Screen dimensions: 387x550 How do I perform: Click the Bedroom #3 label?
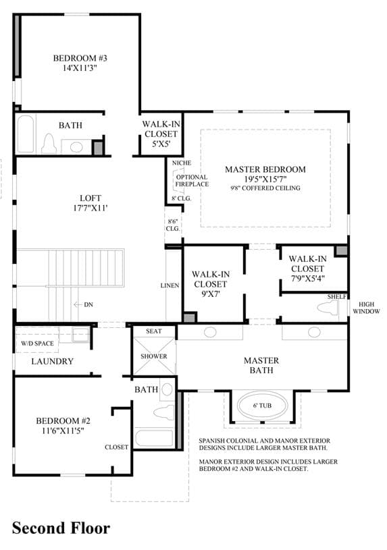coord(80,58)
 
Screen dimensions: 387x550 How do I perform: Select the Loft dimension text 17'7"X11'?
coord(91,208)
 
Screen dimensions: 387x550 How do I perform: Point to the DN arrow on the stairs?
coord(78,304)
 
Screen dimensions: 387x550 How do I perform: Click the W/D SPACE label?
coord(37,343)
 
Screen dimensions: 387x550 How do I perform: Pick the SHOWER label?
coord(154,356)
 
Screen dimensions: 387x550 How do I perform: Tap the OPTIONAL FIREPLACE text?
coord(192,181)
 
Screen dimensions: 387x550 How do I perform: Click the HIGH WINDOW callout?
coord(366,308)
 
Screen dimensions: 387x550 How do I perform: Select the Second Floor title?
coord(61,528)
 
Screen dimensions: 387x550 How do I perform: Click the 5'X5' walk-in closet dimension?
coord(161,144)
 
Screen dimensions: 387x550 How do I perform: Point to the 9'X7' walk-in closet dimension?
coord(211,294)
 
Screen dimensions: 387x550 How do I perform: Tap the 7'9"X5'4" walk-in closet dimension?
coord(307,279)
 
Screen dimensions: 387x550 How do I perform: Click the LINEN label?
coord(170,285)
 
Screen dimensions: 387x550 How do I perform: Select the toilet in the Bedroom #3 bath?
coord(49,144)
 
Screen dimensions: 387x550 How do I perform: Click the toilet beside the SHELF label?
coord(328,308)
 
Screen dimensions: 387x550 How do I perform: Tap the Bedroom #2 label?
coord(63,420)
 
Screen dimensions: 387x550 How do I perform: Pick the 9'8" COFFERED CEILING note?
coord(265,188)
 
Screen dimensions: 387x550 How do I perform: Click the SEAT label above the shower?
coord(154,331)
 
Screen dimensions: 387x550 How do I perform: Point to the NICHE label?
coord(182,163)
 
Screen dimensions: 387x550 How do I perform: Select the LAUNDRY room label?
coord(52,361)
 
